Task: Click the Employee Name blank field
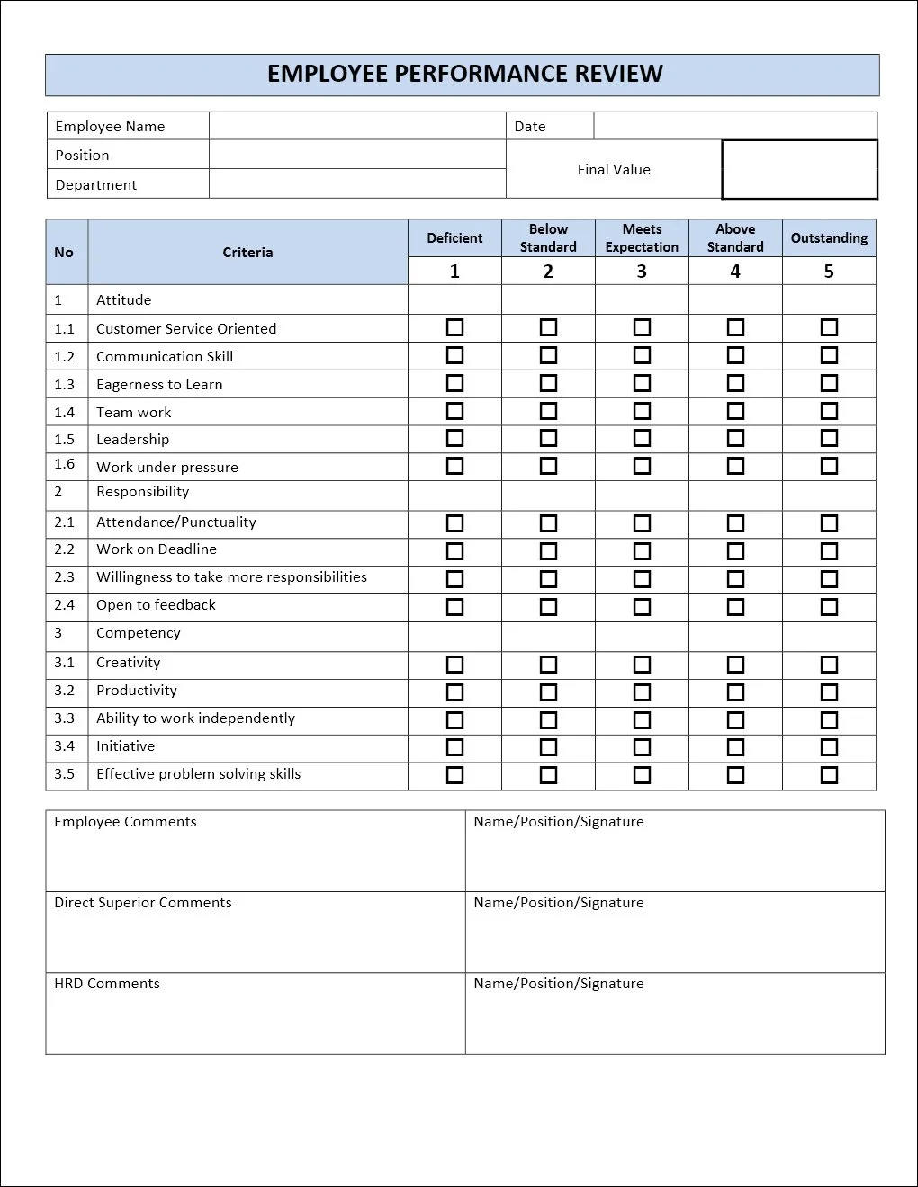[357, 126]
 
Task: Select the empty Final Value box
[799, 169]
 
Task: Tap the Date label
[530, 126]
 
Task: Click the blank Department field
[357, 184]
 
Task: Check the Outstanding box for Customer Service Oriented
[829, 327]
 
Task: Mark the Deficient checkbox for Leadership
[454, 438]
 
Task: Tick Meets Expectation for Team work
[642, 411]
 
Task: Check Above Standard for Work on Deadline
[735, 550]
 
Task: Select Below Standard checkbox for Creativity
[548, 664]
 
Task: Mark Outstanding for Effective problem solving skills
[829, 774]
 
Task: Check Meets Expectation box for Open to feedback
[642, 606]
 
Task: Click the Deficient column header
[454, 238]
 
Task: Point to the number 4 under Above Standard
[735, 272]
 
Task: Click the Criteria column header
[247, 253]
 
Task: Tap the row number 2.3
[65, 577]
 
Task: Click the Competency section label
[139, 633]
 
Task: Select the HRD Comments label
[107, 984]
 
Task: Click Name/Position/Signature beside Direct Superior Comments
[559, 903]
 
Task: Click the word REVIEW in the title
[619, 74]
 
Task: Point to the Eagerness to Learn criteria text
[159, 385]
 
